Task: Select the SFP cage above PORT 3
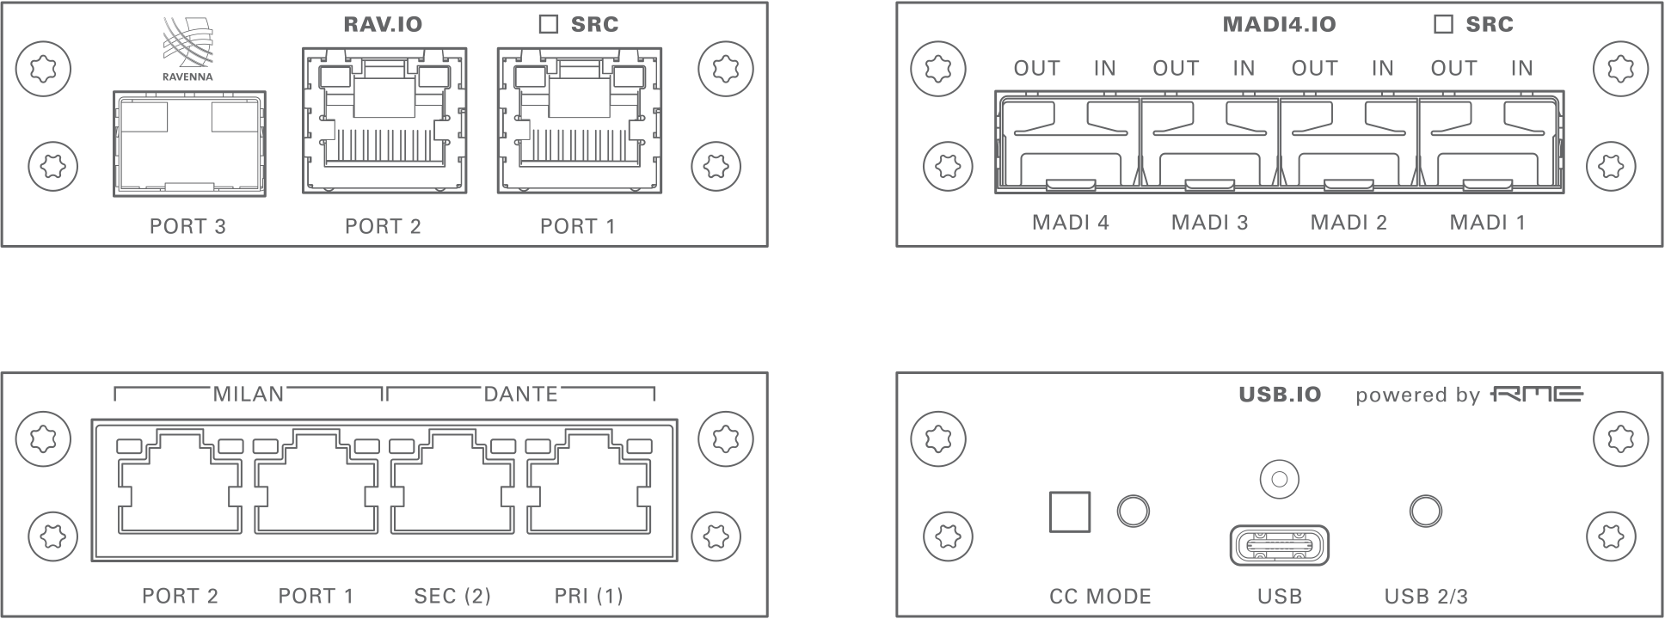point(189,144)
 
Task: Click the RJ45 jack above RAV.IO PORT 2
point(384,120)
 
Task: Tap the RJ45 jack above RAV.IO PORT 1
point(580,120)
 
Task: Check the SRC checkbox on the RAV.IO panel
point(548,24)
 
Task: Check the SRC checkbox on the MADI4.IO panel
point(1443,24)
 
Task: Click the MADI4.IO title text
point(1279,24)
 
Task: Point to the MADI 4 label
point(1070,223)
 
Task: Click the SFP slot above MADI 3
point(1210,144)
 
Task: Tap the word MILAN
point(248,394)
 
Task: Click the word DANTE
point(520,394)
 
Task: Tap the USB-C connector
point(1279,545)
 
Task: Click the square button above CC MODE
point(1070,512)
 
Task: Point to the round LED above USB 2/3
point(1426,511)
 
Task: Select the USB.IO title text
point(1279,395)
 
